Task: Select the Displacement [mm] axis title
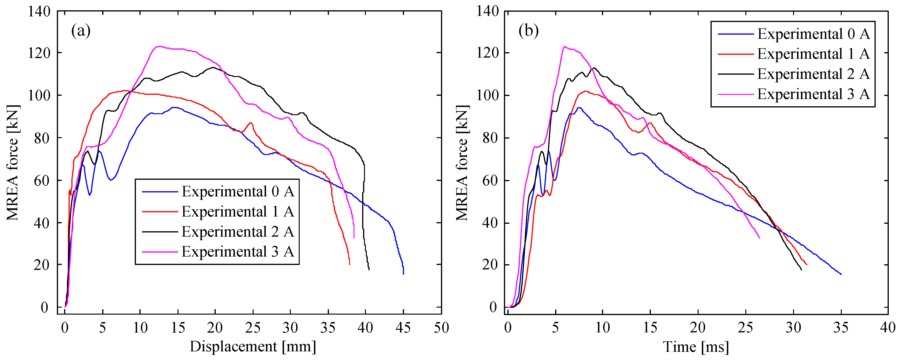(253, 347)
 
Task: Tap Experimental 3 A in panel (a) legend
(238, 252)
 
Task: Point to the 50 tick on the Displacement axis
(441, 328)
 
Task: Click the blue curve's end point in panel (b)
(841, 274)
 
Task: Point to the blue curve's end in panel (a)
(404, 274)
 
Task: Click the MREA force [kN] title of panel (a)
(13, 162)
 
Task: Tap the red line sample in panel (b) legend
(736, 54)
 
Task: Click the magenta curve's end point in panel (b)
(760, 238)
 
